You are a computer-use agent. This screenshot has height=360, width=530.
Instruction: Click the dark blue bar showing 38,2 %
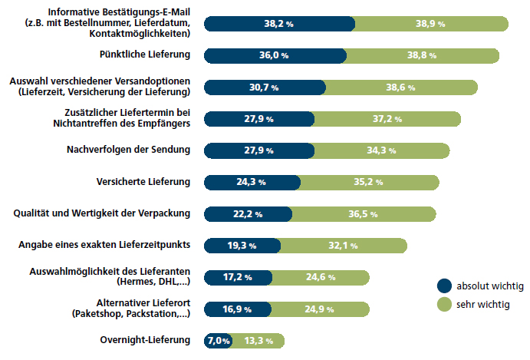(x=279, y=24)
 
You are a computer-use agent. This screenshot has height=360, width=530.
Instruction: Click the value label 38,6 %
(x=400, y=88)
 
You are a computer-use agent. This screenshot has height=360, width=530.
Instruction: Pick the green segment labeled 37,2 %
(x=387, y=119)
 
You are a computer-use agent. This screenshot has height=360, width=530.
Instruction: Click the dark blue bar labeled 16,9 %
(x=237, y=309)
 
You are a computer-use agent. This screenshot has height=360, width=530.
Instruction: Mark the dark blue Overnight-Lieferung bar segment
(x=217, y=340)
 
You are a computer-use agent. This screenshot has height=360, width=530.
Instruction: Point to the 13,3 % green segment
(x=258, y=340)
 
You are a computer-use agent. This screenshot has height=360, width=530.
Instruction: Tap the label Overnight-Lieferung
(x=145, y=340)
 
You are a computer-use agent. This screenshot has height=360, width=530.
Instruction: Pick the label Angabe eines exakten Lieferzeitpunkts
(x=104, y=245)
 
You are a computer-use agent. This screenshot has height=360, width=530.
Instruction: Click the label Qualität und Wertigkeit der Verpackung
(x=103, y=213)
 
